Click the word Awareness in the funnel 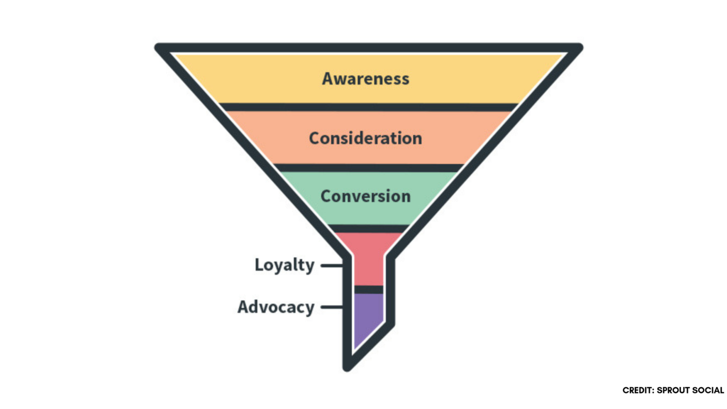(366, 79)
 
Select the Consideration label (366, 138)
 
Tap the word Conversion (366, 196)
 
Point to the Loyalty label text (284, 264)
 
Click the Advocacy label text (276, 307)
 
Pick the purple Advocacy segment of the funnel (368, 316)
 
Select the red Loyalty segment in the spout (368, 264)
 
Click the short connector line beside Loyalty (332, 265)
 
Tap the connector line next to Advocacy (332, 307)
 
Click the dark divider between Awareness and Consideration (368, 107)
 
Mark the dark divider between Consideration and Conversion (368, 168)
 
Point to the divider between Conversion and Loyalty (368, 228)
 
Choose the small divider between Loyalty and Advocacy (368, 289)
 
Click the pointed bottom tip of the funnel (347, 367)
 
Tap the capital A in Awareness (328, 79)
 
